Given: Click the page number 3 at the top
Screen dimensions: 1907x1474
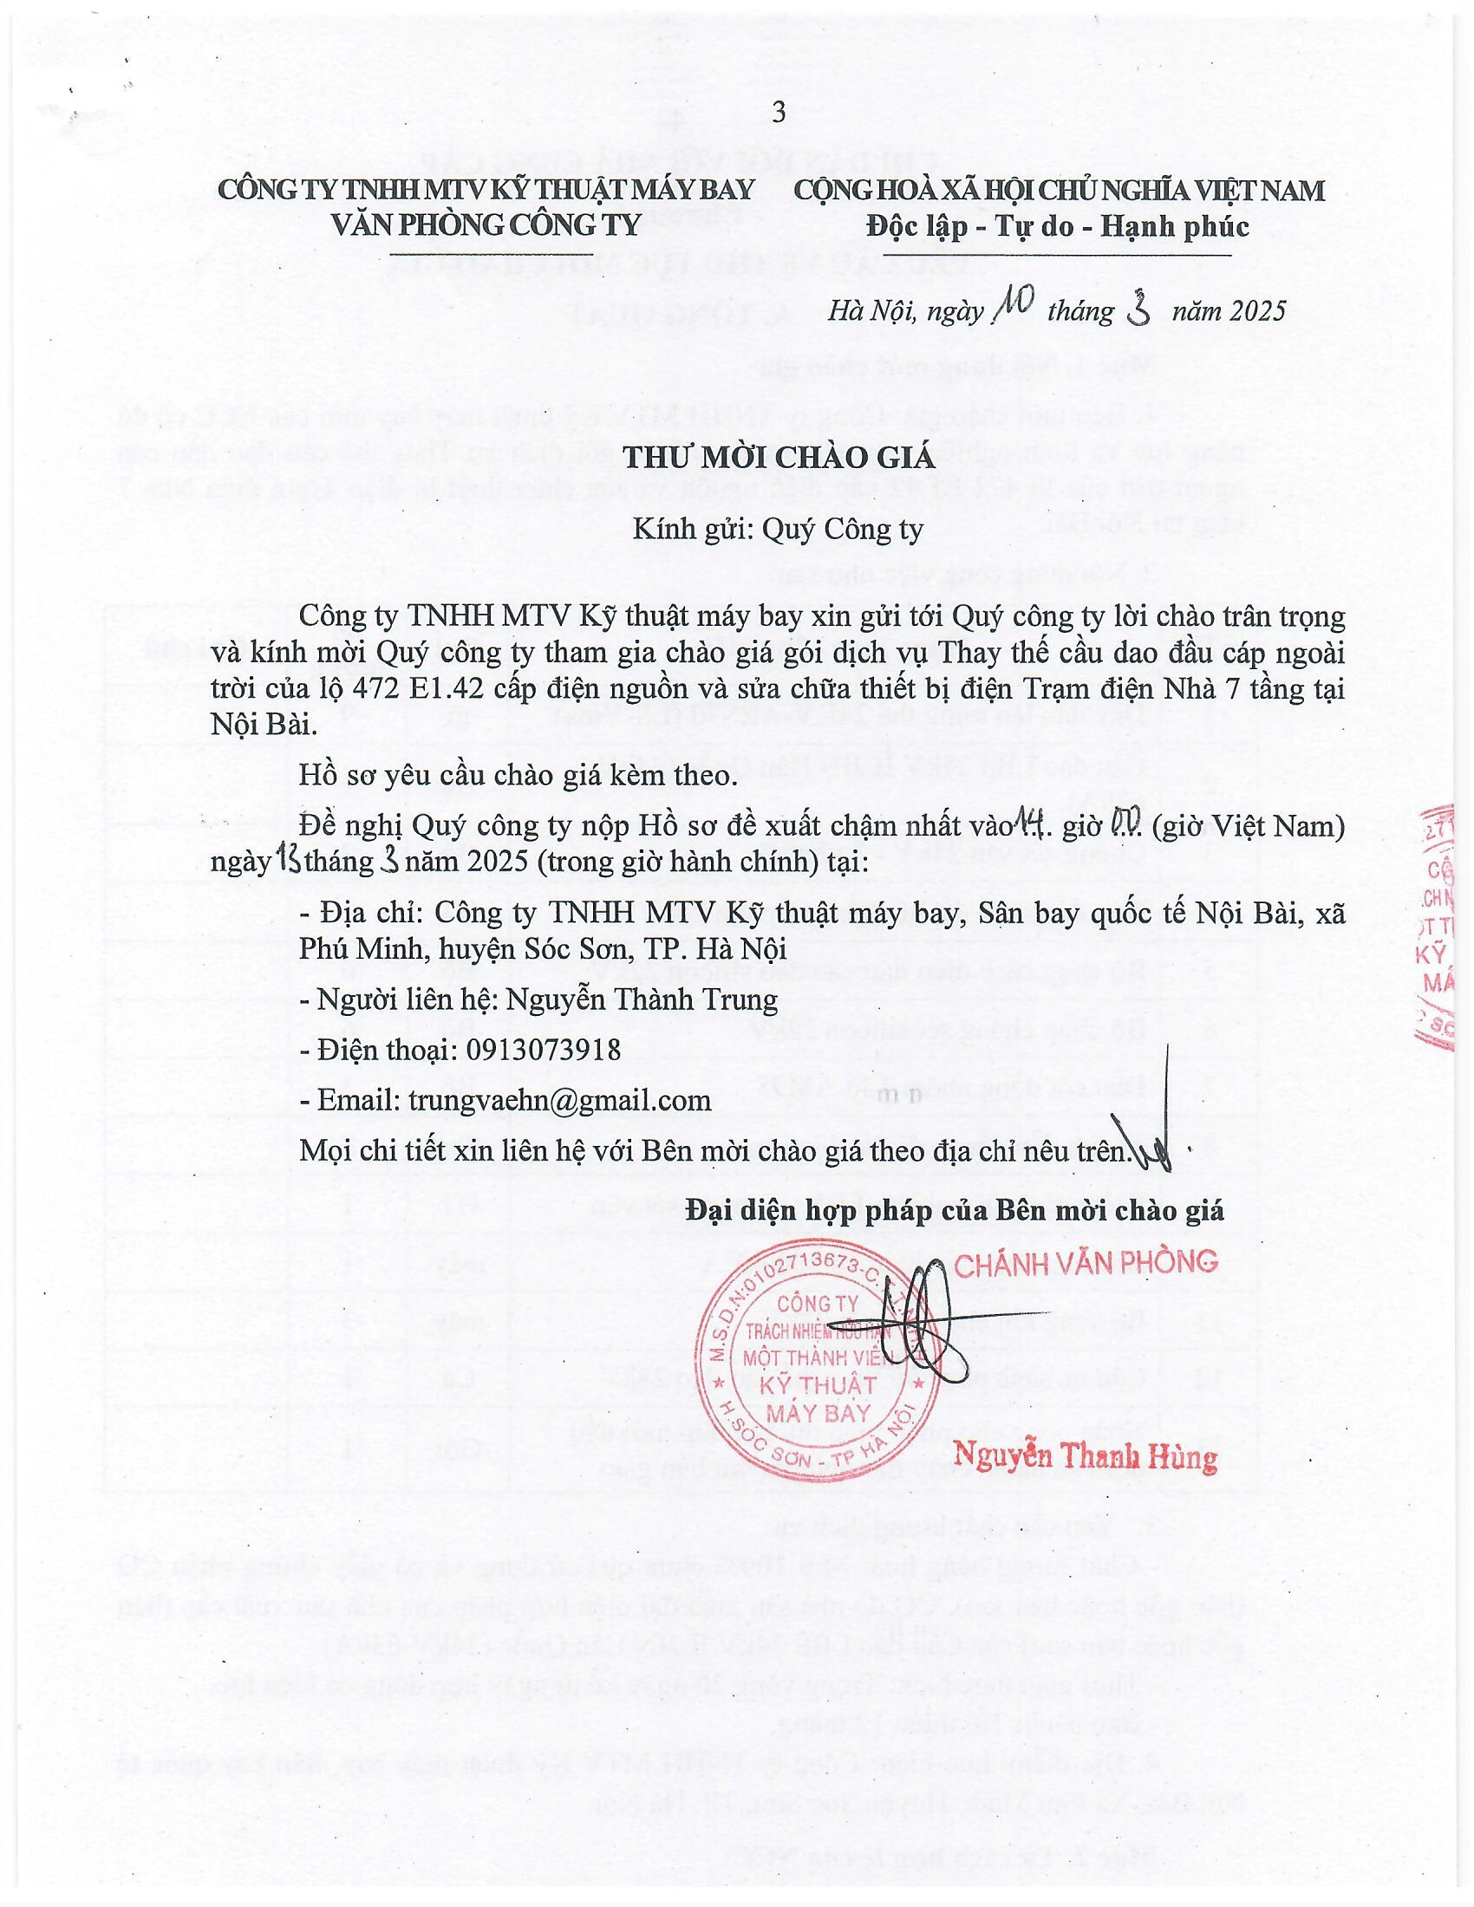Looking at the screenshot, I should click(779, 113).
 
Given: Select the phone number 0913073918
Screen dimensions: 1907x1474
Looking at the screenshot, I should click(538, 1049).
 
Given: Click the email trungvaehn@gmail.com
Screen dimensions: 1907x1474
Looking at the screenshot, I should click(559, 1100).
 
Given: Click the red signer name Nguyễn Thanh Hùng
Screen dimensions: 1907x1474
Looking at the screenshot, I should click(1086, 1456).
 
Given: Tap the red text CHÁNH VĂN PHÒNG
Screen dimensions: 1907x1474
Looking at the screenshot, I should click(1086, 1262).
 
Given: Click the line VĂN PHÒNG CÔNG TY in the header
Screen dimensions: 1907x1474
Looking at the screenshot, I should click(486, 225).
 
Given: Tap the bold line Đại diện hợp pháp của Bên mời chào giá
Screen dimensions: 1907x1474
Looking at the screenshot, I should click(955, 1210).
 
